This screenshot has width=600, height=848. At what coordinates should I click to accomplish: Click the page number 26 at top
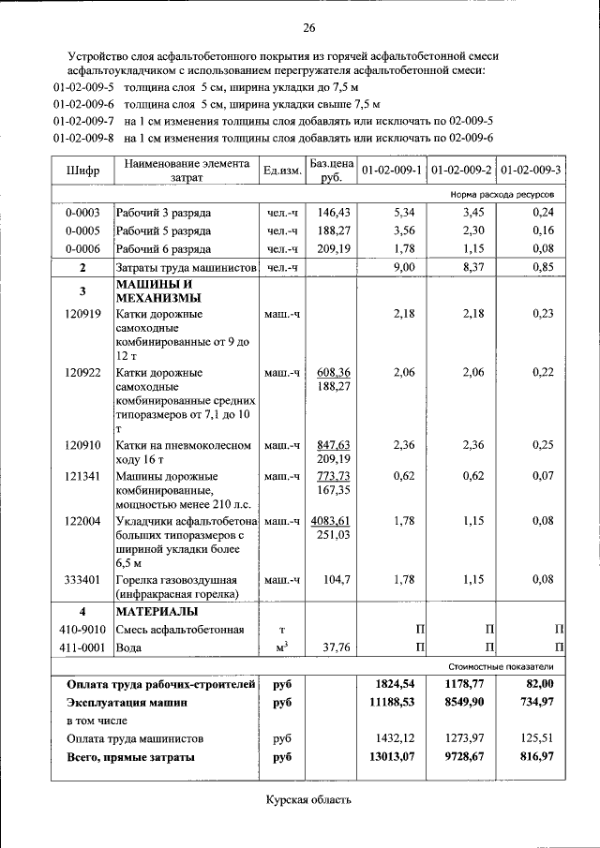click(x=308, y=26)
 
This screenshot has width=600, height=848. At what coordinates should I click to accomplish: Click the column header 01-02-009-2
click(x=461, y=171)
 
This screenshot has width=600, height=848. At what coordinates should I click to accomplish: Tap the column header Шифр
click(x=83, y=171)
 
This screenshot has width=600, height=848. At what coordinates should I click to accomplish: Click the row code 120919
click(x=83, y=314)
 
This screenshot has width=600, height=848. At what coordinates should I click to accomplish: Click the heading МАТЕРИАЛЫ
click(x=154, y=611)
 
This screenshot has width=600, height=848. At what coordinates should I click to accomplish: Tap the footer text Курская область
click(x=308, y=799)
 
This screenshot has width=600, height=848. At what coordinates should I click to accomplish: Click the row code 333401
click(x=83, y=579)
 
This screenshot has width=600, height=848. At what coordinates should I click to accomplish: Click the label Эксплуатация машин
click(x=127, y=701)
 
